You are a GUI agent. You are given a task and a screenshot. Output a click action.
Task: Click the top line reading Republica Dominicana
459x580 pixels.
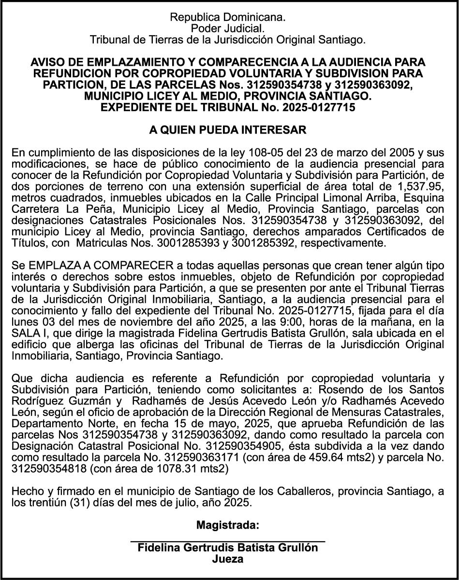point(228,17)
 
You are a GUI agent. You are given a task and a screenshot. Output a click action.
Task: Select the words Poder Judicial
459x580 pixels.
point(228,29)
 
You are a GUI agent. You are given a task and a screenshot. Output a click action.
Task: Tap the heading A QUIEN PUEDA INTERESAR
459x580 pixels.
point(228,131)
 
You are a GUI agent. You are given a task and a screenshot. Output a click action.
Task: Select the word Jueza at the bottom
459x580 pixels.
point(228,560)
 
